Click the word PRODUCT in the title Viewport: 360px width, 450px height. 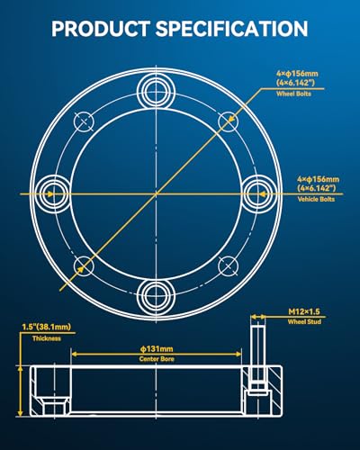coord(101,29)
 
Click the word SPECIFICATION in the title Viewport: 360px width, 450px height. coord(231,29)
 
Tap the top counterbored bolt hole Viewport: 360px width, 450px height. coord(156,91)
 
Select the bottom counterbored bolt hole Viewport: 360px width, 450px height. coord(156,297)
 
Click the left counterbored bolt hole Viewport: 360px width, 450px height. coord(52,193)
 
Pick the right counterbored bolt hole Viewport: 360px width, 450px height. coord(259,193)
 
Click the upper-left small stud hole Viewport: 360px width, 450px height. coord(84,121)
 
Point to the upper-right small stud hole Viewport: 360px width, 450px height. coord(229,121)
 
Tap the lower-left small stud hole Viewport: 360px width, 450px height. coord(84,266)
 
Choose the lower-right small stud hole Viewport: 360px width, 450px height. coord(229,266)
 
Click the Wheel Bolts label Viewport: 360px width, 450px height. coord(293,94)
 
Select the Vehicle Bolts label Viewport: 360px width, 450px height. coord(316,199)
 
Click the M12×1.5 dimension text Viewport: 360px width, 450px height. coord(304,311)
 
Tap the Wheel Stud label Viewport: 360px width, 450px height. coord(304,322)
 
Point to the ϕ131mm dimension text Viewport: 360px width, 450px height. coord(157,349)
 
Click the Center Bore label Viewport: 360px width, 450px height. coord(157,359)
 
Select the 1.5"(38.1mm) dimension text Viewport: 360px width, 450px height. coord(47,327)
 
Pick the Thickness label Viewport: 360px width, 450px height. coord(47,338)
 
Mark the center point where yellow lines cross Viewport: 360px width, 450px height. coord(156,194)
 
